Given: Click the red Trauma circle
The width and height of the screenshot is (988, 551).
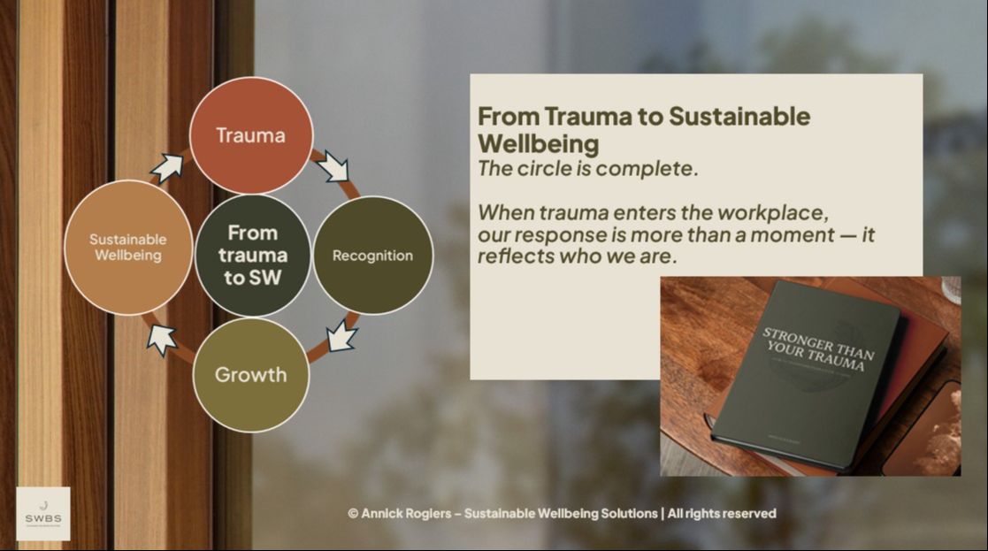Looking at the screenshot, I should pos(252,135).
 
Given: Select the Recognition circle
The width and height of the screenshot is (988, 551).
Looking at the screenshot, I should pos(372,256).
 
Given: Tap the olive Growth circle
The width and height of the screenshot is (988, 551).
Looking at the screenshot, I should pos(251,374).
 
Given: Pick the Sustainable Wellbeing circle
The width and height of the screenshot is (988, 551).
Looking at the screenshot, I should pos(128,248).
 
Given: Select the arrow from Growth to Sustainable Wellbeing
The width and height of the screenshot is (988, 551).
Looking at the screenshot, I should pos(161,337).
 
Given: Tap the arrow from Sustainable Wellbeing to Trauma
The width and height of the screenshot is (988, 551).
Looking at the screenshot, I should pos(168,165).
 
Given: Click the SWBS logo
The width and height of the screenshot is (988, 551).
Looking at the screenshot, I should pos(43,514).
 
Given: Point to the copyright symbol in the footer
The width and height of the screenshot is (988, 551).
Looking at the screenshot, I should pos(353,514).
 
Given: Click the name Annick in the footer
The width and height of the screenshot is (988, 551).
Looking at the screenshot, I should pos(381,514).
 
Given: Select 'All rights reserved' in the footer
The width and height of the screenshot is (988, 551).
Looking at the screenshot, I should pos(722,514).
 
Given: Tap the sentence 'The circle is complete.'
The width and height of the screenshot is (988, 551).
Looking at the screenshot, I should pos(587,169).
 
